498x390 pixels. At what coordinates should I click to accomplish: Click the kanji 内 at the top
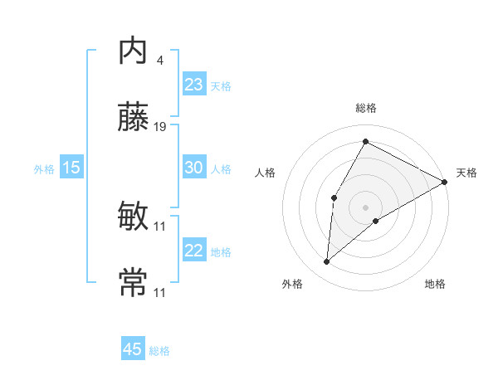pyautogui.click(x=133, y=52)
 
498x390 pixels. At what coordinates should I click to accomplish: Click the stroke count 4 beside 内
pyautogui.click(x=159, y=61)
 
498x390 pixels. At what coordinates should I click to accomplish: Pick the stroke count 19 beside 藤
pyautogui.click(x=160, y=127)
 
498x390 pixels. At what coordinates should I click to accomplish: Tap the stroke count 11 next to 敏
pyautogui.click(x=160, y=227)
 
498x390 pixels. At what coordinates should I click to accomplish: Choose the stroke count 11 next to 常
pyautogui.click(x=160, y=292)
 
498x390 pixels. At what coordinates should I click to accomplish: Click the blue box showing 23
pyautogui.click(x=194, y=85)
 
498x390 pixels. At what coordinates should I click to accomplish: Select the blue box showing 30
pyautogui.click(x=194, y=168)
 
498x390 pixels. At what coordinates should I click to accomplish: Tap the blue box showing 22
pyautogui.click(x=194, y=251)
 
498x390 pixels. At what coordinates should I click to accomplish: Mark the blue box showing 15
pyautogui.click(x=71, y=168)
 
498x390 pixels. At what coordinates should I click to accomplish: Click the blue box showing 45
pyautogui.click(x=133, y=349)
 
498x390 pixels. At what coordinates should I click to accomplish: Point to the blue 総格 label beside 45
pyautogui.click(x=159, y=351)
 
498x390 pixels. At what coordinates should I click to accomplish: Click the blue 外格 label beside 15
pyautogui.click(x=44, y=169)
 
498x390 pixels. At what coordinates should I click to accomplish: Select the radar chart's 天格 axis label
pyautogui.click(x=466, y=173)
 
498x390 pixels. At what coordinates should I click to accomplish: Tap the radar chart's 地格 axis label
pyautogui.click(x=435, y=284)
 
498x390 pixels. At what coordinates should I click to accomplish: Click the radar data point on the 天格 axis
pyautogui.click(x=445, y=182)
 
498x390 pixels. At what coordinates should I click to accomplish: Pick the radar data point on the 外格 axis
pyautogui.click(x=327, y=262)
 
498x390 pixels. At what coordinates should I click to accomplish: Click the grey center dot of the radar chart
pyautogui.click(x=365, y=207)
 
